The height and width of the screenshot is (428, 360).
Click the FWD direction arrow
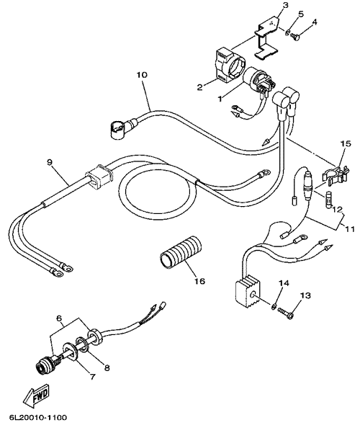coord(37,396)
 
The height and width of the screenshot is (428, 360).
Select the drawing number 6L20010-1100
coord(38,418)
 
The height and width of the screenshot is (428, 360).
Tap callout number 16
coord(199,280)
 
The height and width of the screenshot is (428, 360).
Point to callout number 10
coord(142,75)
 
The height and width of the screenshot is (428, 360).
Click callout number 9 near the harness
coord(50,162)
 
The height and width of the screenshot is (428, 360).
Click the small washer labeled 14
coord(273,306)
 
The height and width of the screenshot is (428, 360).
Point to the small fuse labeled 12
coord(329,200)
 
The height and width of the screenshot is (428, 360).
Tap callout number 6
coord(59,318)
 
